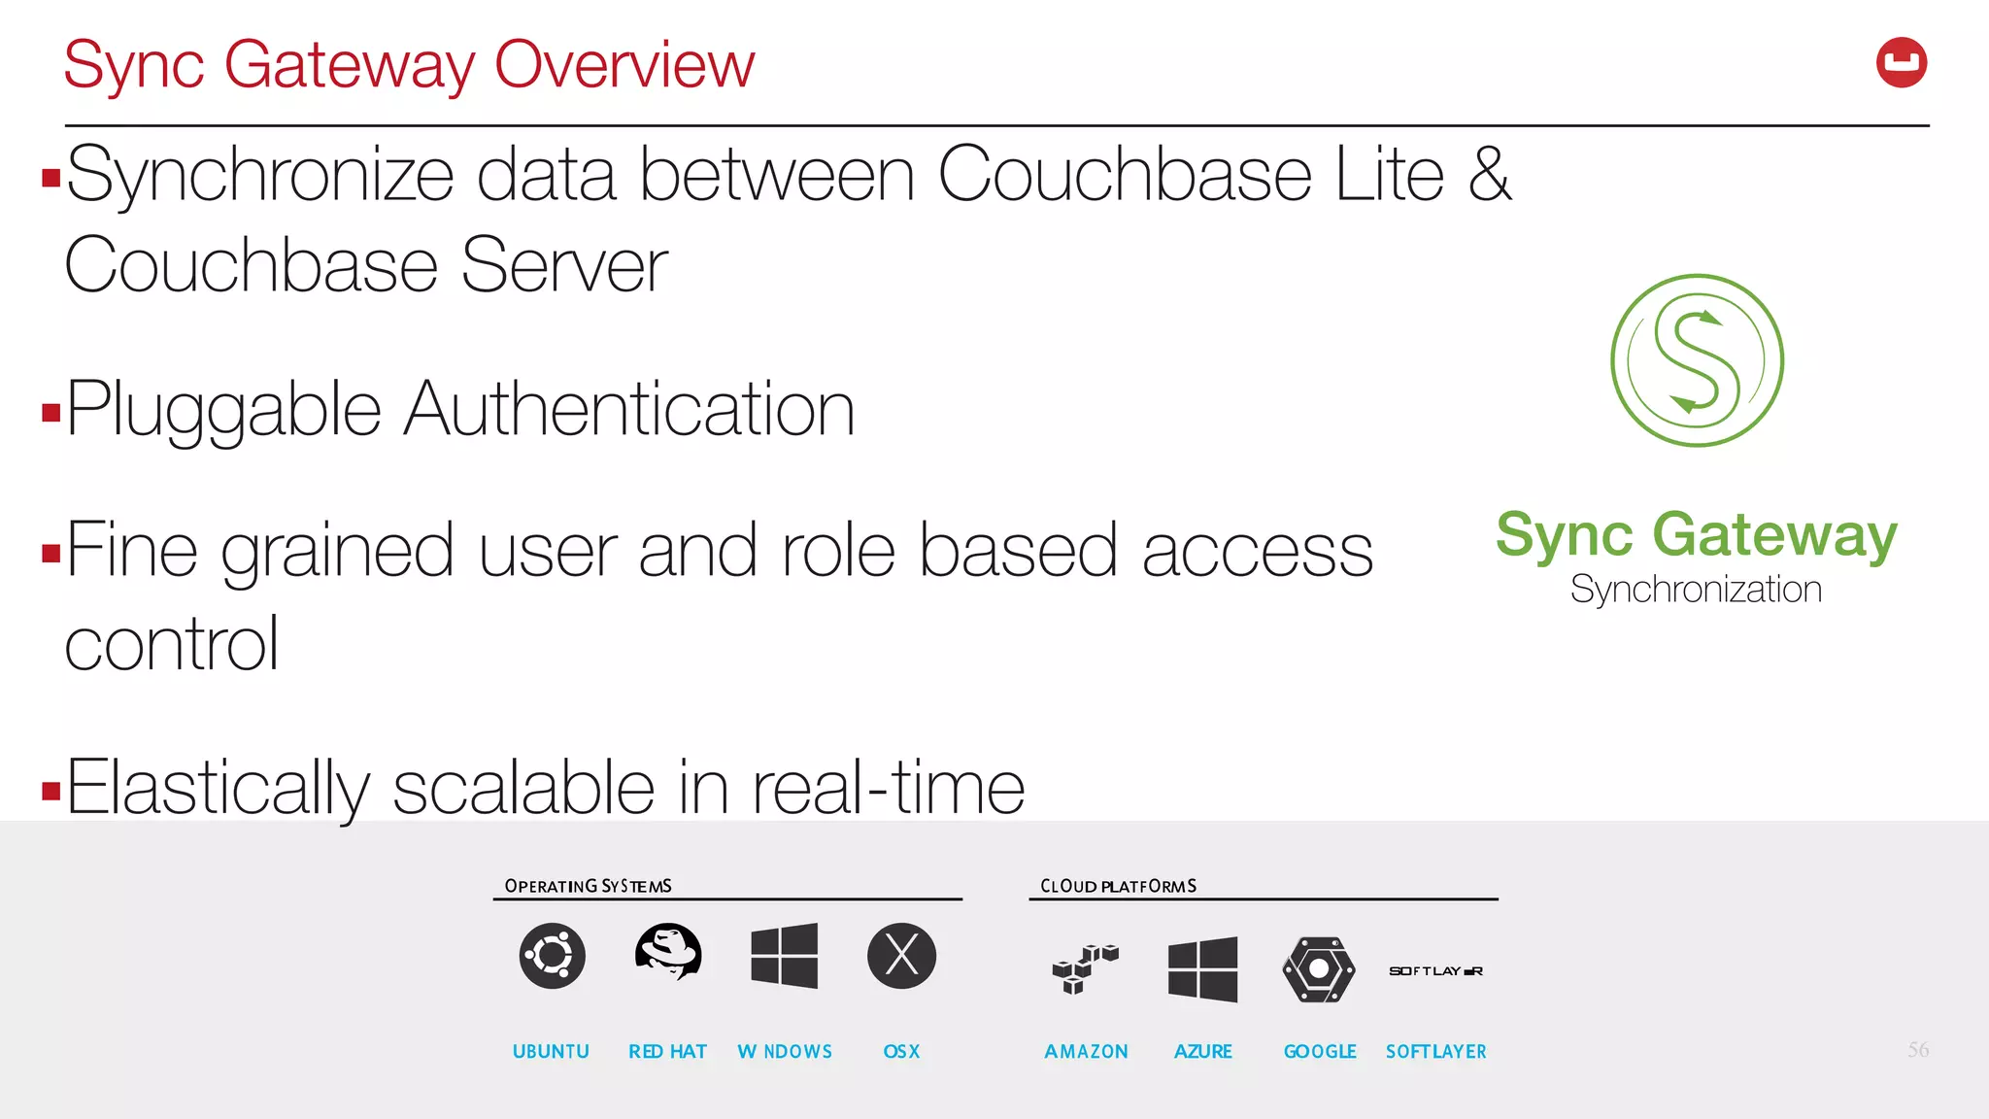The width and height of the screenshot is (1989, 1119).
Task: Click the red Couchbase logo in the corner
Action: coord(1901,63)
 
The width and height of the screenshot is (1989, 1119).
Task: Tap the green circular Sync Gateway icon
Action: coord(1697,360)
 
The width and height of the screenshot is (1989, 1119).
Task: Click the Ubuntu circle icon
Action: coord(552,956)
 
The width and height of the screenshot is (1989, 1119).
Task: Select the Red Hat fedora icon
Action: coord(668,952)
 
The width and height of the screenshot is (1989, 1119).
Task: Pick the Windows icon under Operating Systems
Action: coord(785,956)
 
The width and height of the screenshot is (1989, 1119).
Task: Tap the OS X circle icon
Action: coord(901,956)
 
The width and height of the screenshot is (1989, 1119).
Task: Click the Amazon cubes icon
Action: coord(1085,968)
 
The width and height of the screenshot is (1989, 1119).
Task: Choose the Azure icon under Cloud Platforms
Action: coord(1202,969)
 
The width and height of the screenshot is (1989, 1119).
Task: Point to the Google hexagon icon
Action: coord(1319,969)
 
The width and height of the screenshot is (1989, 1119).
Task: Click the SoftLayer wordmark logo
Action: coord(1435,971)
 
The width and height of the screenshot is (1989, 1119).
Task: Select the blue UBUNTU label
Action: coord(551,1052)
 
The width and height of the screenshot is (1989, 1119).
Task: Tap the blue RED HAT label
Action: coord(667,1052)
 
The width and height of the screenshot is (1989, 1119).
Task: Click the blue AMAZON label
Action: coord(1086,1052)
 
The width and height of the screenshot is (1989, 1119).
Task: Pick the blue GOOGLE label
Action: coord(1320,1052)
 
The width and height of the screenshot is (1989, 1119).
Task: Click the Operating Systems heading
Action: coord(588,886)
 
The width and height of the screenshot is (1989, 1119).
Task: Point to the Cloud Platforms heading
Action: coord(1118,886)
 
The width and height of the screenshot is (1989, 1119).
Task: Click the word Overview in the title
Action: coord(624,66)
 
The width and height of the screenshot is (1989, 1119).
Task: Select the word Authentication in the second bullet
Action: coord(629,410)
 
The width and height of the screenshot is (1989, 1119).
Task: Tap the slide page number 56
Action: coord(1917,1049)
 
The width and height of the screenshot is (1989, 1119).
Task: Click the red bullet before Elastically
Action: coord(51,791)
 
